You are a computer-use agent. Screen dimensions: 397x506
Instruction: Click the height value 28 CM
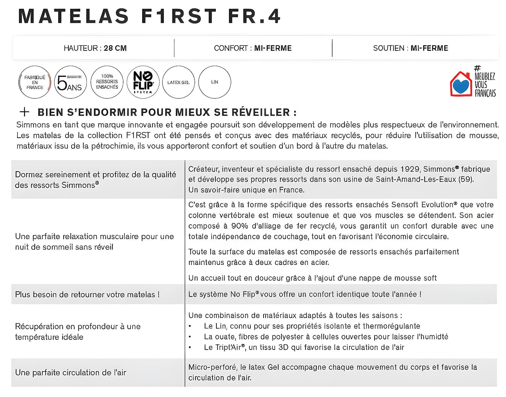tap(115, 48)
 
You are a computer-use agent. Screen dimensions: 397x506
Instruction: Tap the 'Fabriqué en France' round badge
tap(35, 82)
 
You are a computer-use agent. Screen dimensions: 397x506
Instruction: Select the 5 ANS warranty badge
tap(71, 82)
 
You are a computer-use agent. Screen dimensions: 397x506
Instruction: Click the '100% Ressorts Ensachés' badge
tap(107, 82)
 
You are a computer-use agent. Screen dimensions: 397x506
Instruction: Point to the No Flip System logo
tap(143, 82)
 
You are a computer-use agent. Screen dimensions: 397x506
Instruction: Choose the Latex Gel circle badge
tap(179, 82)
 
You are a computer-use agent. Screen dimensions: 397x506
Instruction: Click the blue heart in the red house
tap(461, 86)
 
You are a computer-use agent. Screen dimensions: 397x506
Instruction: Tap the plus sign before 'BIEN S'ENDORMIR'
tap(25, 112)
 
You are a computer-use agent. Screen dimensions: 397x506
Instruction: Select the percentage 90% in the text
tap(239, 226)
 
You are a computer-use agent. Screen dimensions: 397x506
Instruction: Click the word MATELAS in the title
tap(74, 16)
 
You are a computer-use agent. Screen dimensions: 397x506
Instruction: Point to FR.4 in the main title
tap(255, 16)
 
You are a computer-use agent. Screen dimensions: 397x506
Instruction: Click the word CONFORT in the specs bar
tap(231, 48)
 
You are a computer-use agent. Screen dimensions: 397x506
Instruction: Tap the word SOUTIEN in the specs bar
tap(389, 48)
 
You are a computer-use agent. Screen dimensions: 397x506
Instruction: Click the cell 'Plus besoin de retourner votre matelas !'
tap(87, 294)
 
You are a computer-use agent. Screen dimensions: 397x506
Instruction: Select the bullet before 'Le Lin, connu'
tap(190, 326)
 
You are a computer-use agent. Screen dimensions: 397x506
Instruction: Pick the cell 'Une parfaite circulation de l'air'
tap(71, 372)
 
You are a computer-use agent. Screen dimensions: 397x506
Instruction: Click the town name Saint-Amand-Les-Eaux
tap(416, 179)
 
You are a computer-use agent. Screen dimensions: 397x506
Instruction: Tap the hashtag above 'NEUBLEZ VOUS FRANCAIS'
tap(477, 68)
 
